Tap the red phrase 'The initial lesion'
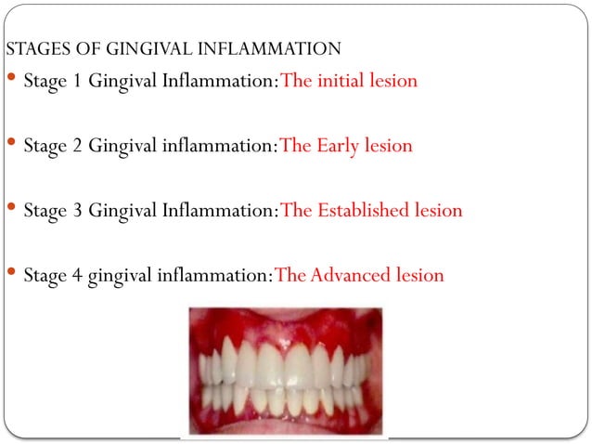(x=349, y=81)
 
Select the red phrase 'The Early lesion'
(x=346, y=146)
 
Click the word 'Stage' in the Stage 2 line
(x=45, y=147)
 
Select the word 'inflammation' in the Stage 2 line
(x=217, y=146)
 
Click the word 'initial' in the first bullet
(x=342, y=81)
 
